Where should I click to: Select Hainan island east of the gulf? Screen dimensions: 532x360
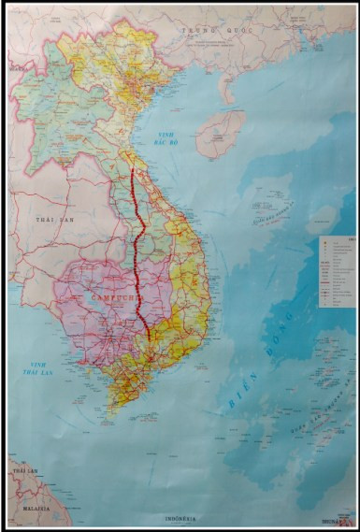pyautogui.click(x=223, y=131)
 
